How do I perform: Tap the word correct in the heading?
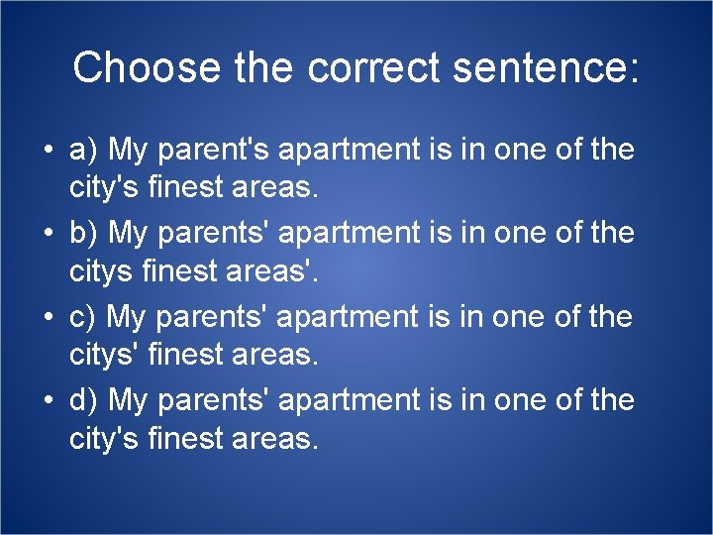[373, 68]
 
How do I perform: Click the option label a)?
[84, 151]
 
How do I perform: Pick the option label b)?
[84, 234]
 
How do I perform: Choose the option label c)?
[83, 317]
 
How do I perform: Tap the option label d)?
[84, 400]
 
